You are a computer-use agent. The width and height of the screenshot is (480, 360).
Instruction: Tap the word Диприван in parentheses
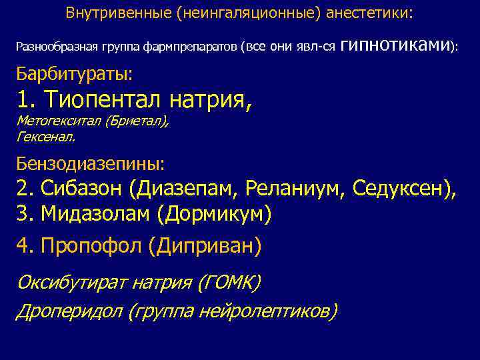pyautogui.click(x=207, y=247)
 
